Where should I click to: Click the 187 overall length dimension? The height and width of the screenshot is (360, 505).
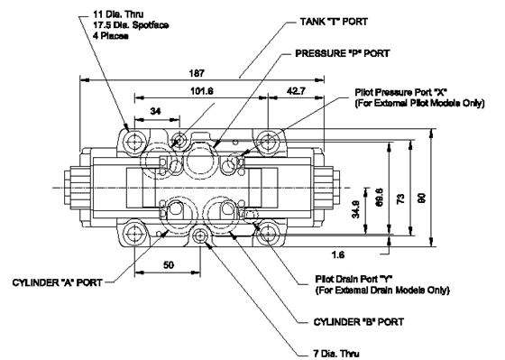coord(197,73)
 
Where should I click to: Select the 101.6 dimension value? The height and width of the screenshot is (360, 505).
coord(202,91)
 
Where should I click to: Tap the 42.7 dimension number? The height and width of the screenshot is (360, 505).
coord(296,91)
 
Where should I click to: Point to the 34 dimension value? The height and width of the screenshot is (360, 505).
coord(155,111)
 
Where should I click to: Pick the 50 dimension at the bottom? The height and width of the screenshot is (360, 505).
coord(169,265)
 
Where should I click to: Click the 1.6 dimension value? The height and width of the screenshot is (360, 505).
coord(338,255)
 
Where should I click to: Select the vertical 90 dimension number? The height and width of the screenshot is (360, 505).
coord(422,198)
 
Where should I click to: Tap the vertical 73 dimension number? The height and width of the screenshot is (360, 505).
coord(400,198)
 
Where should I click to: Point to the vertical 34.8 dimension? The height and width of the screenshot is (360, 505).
coord(355,209)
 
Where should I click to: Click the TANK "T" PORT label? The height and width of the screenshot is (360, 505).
coord(334,22)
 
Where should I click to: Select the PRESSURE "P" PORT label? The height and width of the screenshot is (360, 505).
coord(343,53)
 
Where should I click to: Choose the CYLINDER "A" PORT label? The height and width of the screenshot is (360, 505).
coord(58,282)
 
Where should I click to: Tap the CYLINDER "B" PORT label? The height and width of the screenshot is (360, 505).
coord(359,322)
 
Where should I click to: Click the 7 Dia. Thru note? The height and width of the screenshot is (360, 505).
coord(336,354)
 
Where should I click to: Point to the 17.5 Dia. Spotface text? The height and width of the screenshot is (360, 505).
coord(131,25)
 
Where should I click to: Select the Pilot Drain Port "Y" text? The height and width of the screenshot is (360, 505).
coord(353,279)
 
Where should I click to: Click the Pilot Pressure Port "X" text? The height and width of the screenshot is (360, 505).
coord(401,92)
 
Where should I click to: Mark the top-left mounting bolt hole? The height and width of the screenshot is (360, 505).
coord(133,142)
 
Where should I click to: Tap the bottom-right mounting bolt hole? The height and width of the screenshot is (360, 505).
coord(268,233)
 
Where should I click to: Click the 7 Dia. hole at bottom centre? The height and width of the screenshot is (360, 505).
coord(200,236)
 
